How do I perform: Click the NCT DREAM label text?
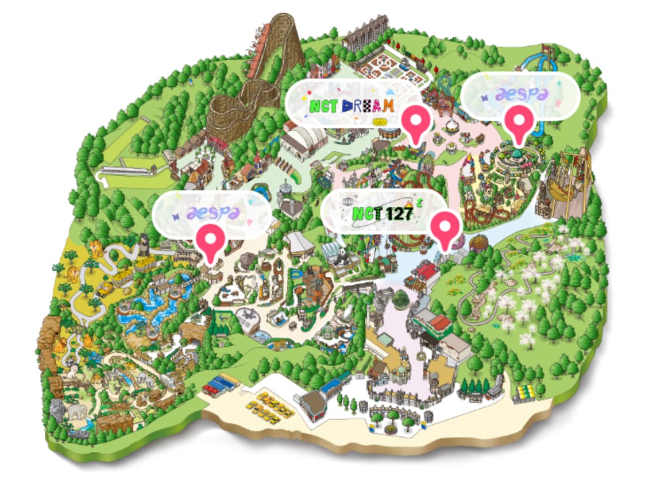pos(352,106)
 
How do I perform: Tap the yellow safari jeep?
pos(105,289)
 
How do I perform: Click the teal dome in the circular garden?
pos(517,154)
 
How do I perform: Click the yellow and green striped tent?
pos(524,393)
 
